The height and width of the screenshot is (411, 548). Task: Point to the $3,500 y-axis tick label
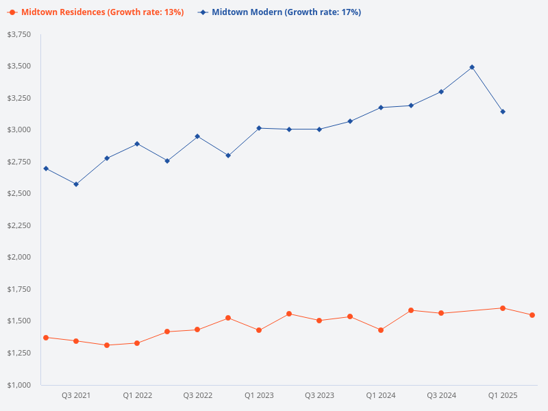pos(20,66)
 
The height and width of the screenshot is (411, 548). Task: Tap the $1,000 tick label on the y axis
pos(20,385)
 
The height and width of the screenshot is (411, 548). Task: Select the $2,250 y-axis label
pos(20,225)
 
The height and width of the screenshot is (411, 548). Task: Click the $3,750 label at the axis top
pos(20,34)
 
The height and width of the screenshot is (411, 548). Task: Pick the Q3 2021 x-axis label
pos(76,396)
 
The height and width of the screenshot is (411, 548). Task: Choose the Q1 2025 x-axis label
pos(503,396)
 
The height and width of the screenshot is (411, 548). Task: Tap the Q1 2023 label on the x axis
pos(259,396)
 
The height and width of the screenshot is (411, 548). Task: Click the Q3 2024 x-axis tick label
pos(442,396)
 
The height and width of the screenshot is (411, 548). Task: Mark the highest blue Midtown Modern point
pos(472,67)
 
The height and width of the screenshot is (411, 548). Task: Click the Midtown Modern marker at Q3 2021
pos(76,184)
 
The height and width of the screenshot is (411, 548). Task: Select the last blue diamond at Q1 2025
pos(503,112)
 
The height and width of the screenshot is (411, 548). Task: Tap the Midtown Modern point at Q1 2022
pos(137,144)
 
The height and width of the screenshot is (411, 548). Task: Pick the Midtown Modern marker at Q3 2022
pos(197,136)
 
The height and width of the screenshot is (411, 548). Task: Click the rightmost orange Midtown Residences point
pos(532,315)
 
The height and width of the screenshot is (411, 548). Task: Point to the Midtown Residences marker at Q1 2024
pos(381,330)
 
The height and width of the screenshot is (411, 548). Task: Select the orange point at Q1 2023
pos(259,330)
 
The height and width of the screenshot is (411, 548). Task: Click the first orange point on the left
pos(46,338)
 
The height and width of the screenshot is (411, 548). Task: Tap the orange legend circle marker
pos(12,12)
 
